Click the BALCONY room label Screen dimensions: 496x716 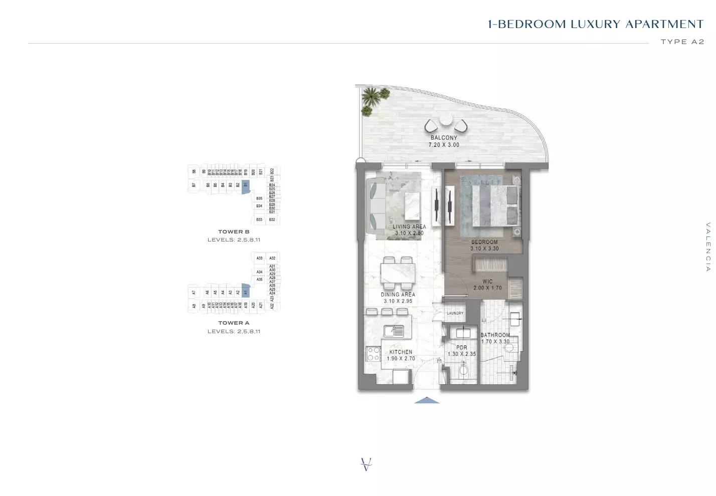pyautogui.click(x=444, y=138)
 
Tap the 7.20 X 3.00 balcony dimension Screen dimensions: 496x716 pyautogui.click(x=444, y=145)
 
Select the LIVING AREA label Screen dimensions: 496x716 pyautogui.click(x=409, y=226)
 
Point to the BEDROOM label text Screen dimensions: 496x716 pyautogui.click(x=484, y=242)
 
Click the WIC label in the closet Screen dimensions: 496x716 pyautogui.click(x=487, y=282)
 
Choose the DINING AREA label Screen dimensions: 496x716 pyautogui.click(x=398, y=295)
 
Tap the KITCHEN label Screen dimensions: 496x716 pyautogui.click(x=401, y=352)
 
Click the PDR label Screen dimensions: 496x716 pyautogui.click(x=462, y=347)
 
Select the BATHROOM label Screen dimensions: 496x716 pyautogui.click(x=495, y=335)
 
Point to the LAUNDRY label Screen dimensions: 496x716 pyautogui.click(x=455, y=313)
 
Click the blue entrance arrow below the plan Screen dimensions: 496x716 pyautogui.click(x=427, y=400)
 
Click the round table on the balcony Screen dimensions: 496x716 pyautogui.click(x=446, y=120)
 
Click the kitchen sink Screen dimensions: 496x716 pyautogui.click(x=394, y=331)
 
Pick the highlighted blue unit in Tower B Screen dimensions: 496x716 pyautogui.click(x=245, y=185)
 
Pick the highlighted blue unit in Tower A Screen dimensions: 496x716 pyautogui.click(x=245, y=292)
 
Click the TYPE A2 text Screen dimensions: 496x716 pyautogui.click(x=682, y=42)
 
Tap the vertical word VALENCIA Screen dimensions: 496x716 pyautogui.click(x=708, y=247)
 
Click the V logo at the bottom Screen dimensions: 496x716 pyautogui.click(x=366, y=464)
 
